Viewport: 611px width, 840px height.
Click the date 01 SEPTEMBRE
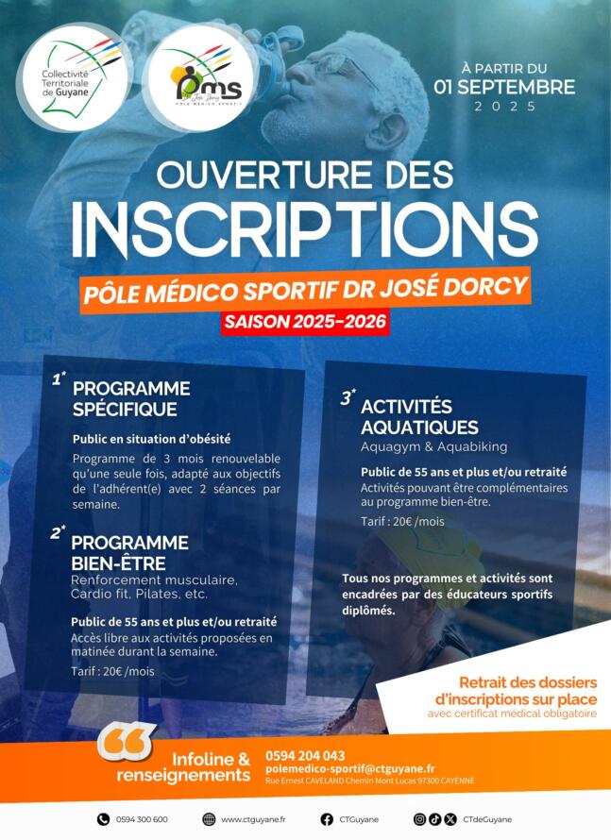(503, 87)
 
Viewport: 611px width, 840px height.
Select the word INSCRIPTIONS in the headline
(305, 227)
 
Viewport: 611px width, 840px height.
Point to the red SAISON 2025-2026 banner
(305, 321)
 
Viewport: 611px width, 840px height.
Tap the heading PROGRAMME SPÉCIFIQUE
(131, 398)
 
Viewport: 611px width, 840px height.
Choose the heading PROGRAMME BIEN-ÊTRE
(130, 552)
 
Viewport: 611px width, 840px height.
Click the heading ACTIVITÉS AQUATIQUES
(419, 416)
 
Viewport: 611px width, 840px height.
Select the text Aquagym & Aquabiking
(433, 446)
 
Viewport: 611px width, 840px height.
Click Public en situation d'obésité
(151, 439)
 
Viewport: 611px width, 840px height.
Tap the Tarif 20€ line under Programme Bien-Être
(112, 671)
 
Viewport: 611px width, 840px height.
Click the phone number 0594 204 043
(305, 755)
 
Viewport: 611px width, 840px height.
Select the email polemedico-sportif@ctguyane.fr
(349, 769)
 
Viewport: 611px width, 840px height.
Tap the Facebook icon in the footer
(327, 819)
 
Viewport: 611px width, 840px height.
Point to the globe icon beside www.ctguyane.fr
(210, 819)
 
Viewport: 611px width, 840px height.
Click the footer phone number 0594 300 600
(142, 819)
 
